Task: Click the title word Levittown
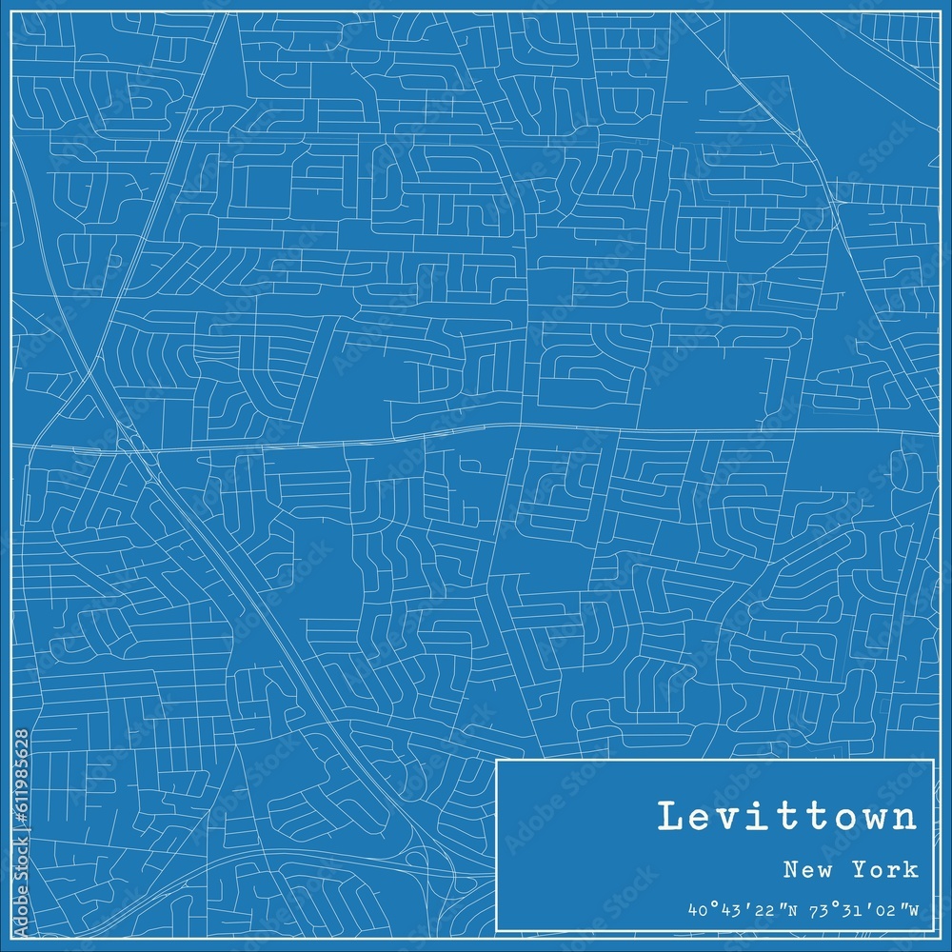[786, 818]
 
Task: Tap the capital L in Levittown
[669, 818]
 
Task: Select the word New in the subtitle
[803, 869]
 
